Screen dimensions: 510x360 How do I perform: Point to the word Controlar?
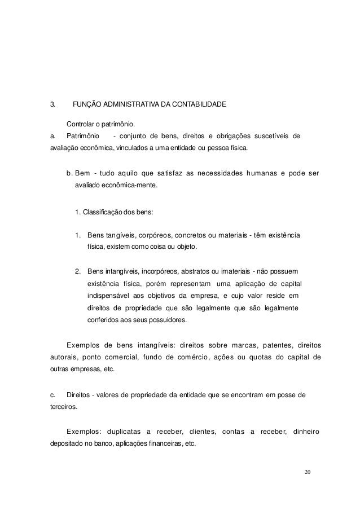click(x=82, y=124)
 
